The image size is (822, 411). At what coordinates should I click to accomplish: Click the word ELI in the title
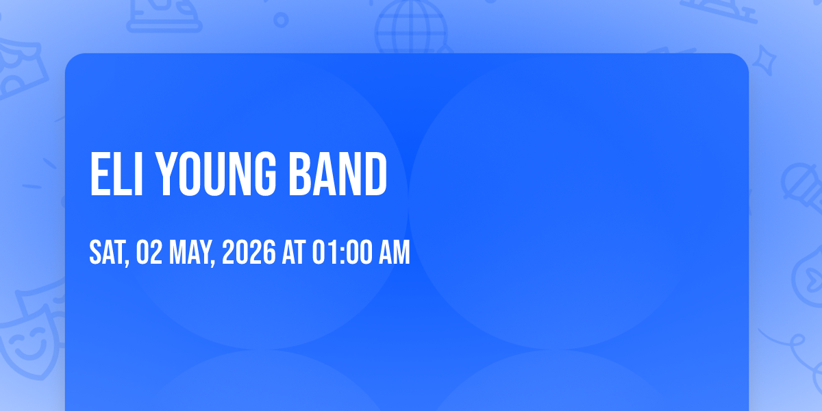(116, 174)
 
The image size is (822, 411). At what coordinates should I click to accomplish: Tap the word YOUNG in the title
(215, 174)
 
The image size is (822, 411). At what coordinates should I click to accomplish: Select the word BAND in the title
(338, 174)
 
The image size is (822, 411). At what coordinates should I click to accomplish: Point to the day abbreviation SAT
(109, 253)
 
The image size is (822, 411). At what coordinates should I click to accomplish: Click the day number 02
(149, 252)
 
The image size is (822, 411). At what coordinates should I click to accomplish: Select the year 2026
(249, 252)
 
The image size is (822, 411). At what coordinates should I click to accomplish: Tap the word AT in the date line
(294, 252)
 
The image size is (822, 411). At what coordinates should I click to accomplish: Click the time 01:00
(342, 252)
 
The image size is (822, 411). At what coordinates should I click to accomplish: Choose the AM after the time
(394, 252)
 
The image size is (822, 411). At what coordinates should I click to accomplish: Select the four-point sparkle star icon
(764, 60)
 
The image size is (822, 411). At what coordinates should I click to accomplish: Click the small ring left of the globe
(281, 20)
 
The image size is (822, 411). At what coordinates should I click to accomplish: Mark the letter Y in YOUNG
(166, 174)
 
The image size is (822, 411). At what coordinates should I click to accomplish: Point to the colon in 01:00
(342, 254)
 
